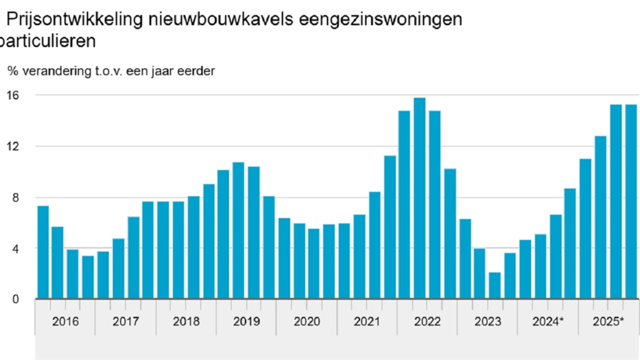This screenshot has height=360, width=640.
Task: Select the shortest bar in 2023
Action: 494,286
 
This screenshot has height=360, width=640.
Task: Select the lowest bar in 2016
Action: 87,277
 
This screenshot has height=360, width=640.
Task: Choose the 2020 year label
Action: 306,321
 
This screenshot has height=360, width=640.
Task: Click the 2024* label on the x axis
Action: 548,321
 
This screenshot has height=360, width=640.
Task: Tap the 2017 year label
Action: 126,321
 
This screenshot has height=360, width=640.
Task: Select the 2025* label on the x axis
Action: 609,321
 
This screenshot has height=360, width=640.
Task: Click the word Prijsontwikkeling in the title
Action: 67,20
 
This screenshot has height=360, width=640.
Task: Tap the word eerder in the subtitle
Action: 196,71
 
